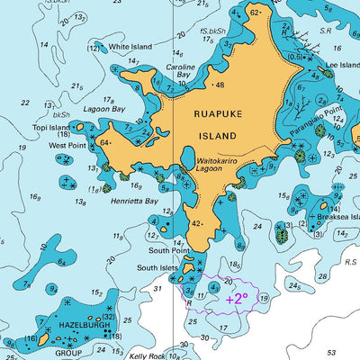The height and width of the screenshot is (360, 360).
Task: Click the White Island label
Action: click(130, 46)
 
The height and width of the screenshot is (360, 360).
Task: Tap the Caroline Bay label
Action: click(180, 72)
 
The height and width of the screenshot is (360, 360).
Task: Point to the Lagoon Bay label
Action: click(104, 109)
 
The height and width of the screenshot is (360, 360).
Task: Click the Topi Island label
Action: click(50, 129)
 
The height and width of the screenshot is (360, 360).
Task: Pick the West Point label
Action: click(67, 144)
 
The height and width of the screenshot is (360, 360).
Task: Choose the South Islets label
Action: click(157, 267)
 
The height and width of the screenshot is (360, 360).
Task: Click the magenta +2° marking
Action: click(237, 298)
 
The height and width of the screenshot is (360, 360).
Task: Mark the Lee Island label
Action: click(343, 65)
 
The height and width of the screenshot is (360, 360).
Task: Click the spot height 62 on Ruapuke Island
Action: click(255, 13)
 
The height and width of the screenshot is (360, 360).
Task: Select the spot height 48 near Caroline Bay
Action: click(220, 85)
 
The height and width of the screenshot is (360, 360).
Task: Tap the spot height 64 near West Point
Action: click(104, 142)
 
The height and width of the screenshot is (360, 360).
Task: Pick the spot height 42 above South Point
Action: click(195, 223)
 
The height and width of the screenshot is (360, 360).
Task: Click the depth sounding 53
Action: click(331, 353)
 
